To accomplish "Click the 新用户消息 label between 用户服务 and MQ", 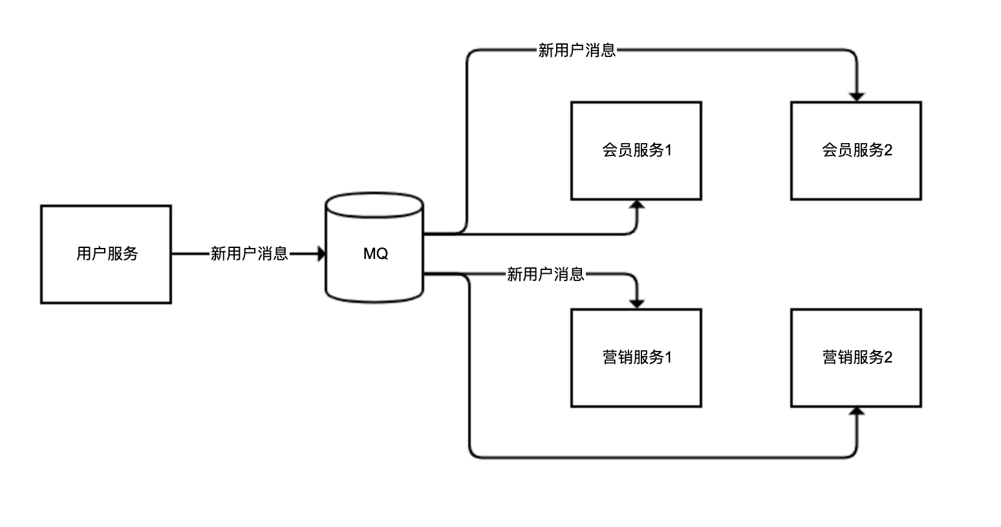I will (x=249, y=254).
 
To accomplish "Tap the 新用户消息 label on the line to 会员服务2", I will (x=577, y=50).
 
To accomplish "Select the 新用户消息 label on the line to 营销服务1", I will (x=545, y=275).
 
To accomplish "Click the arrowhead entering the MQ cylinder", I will (x=321, y=254).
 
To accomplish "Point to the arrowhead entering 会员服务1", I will (x=638, y=205).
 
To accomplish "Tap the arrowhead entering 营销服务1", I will (x=638, y=304).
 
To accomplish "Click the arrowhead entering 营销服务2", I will (x=857, y=412).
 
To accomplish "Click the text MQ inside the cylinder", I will (x=375, y=254).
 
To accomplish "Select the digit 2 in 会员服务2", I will (x=888, y=150).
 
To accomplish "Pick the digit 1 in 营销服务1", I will (x=669, y=357).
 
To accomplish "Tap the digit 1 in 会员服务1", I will (x=669, y=150).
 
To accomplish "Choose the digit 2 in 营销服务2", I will (x=888, y=357).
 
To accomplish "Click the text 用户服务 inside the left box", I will (x=107, y=254).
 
